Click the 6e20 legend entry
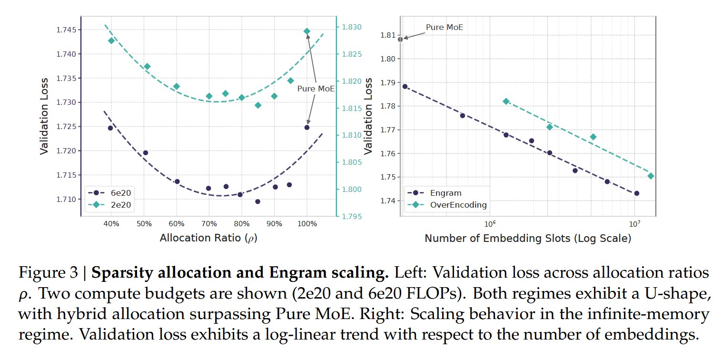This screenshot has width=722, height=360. [x=109, y=193]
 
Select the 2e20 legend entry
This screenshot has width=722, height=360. [x=109, y=205]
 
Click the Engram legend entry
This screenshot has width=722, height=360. [x=435, y=193]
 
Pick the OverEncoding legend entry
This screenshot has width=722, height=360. [x=447, y=205]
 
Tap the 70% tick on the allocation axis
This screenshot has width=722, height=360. [x=209, y=224]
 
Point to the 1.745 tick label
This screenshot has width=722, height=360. [x=67, y=30]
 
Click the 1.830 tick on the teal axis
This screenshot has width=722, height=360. [x=352, y=27]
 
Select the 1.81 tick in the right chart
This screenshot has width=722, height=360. [x=388, y=35]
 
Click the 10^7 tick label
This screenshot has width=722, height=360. [x=634, y=223]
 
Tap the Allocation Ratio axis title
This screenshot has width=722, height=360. [x=208, y=238]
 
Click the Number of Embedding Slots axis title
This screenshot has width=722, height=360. [x=528, y=239]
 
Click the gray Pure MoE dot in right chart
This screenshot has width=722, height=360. [x=400, y=40]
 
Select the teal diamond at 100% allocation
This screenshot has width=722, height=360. [x=307, y=31]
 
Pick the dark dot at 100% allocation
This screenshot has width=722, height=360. [x=307, y=128]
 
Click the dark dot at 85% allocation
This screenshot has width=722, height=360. [x=257, y=201]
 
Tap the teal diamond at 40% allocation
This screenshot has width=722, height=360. [x=111, y=40]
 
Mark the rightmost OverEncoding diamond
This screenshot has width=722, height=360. [x=651, y=176]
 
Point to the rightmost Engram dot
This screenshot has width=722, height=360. [x=637, y=193]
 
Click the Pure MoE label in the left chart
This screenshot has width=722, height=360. [x=316, y=89]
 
